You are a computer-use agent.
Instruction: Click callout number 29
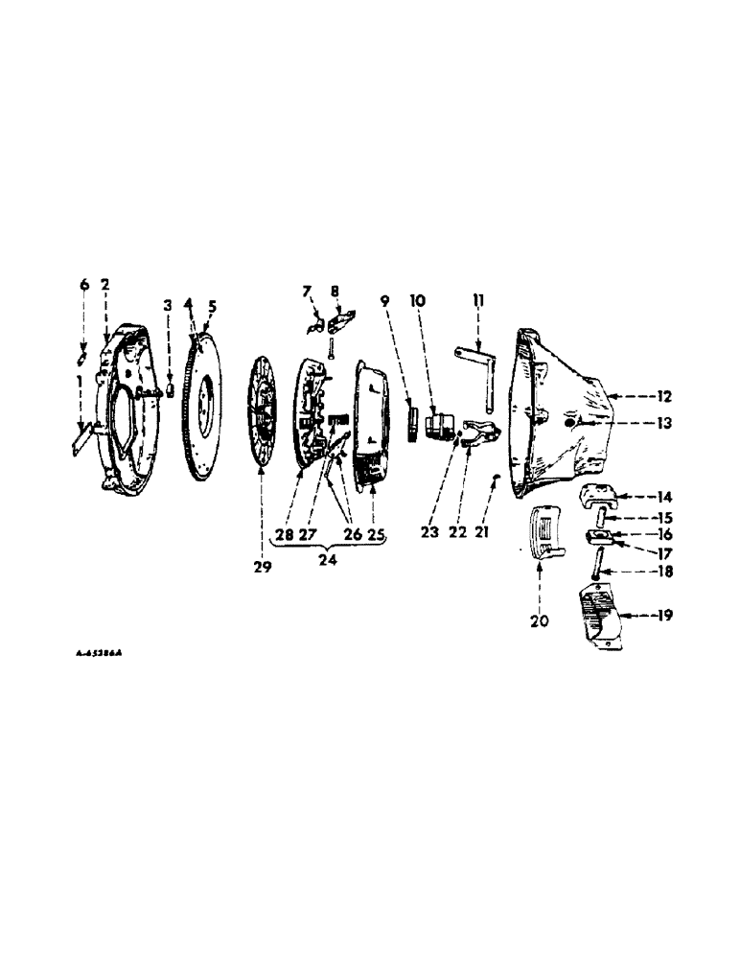(x=263, y=568)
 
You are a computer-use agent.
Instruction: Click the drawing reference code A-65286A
(x=101, y=652)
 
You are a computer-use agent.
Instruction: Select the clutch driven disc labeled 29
(x=262, y=412)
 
